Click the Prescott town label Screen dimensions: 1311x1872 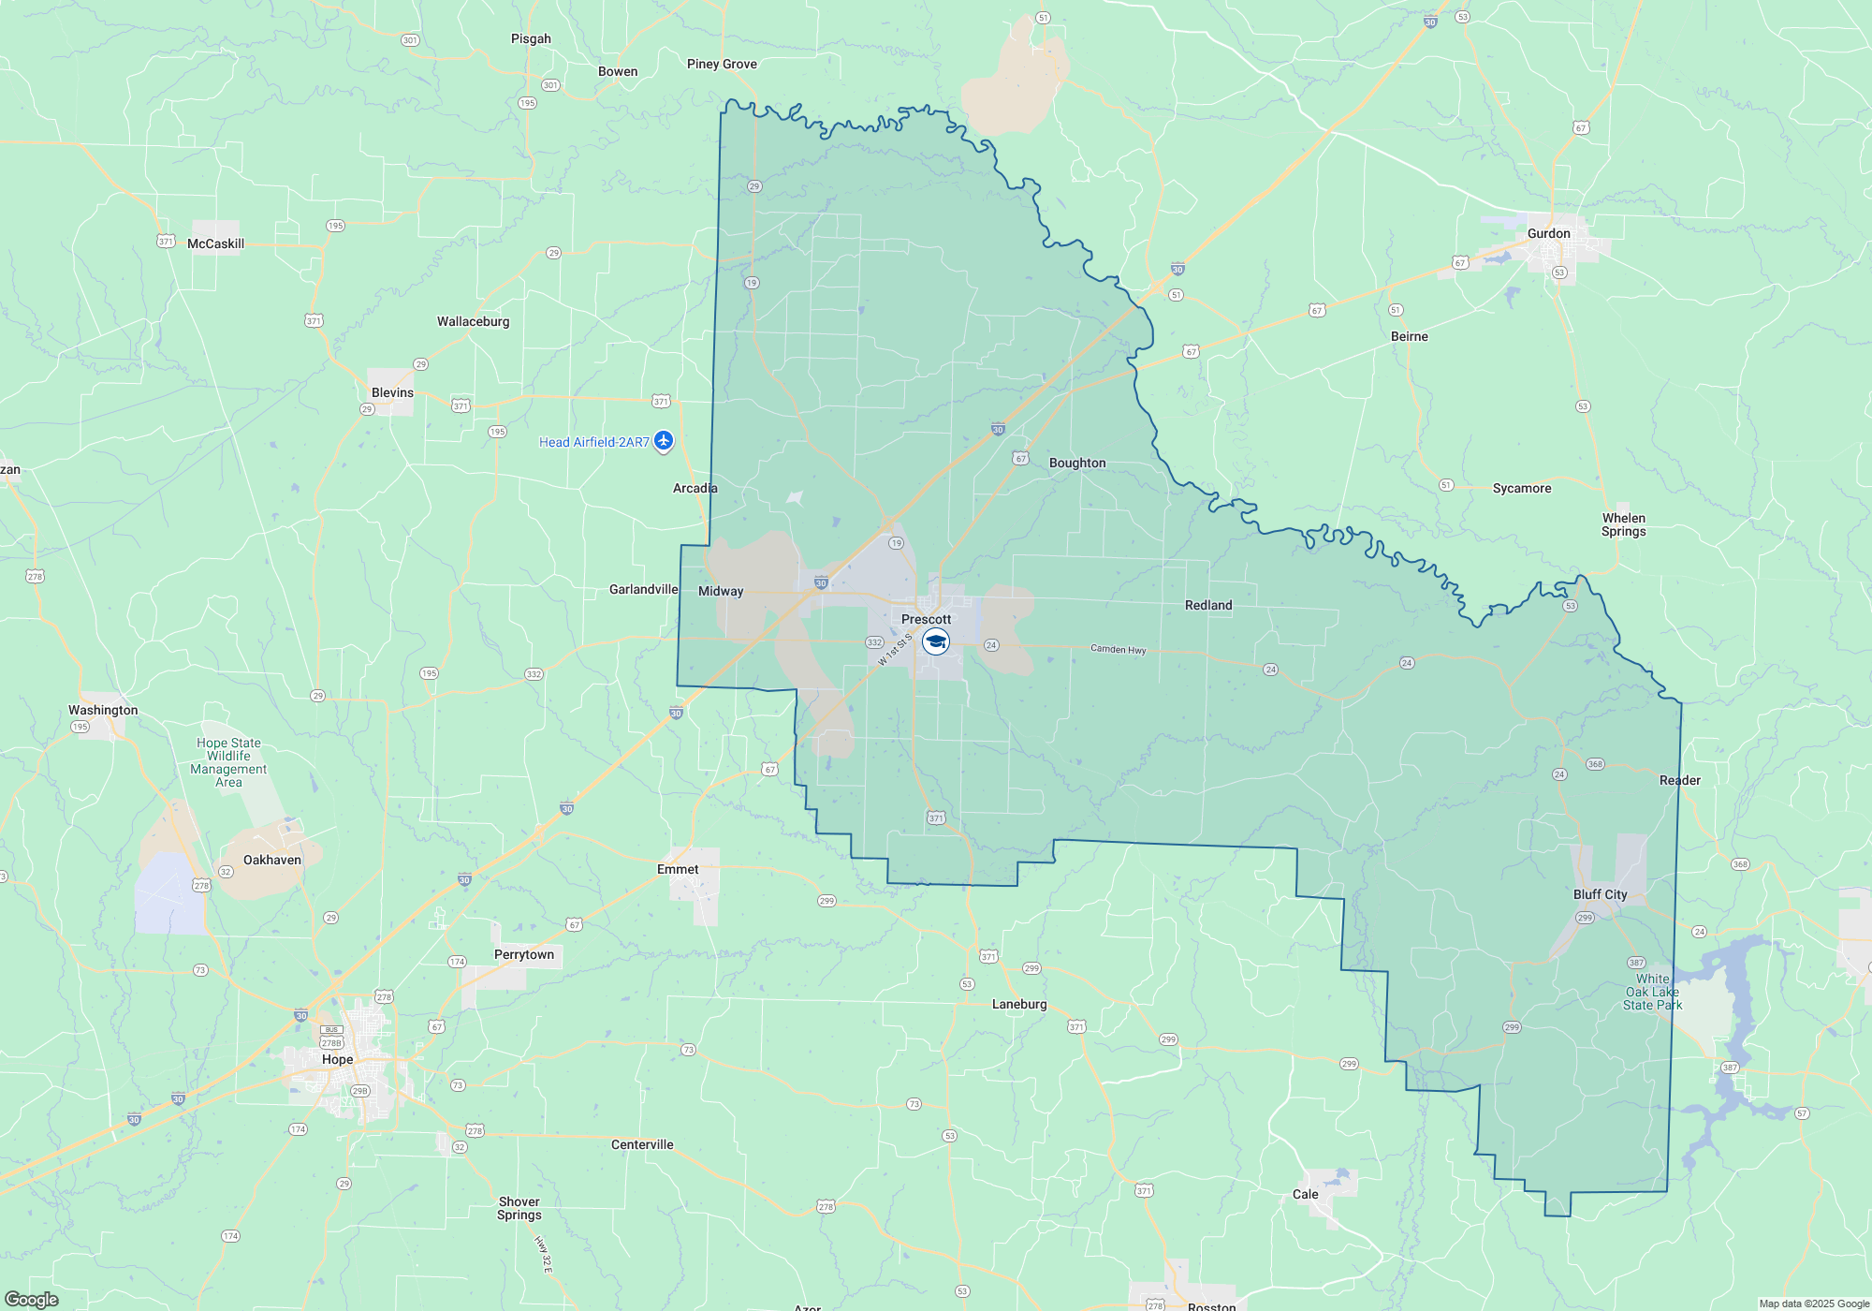click(x=926, y=619)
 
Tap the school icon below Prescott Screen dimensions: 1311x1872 click(x=936, y=641)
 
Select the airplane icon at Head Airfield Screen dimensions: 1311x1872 click(x=664, y=440)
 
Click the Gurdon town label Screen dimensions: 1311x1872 click(x=1548, y=233)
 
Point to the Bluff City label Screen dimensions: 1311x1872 click(x=1600, y=894)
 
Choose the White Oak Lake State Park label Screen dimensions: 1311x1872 click(x=1652, y=992)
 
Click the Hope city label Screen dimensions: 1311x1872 click(x=337, y=1059)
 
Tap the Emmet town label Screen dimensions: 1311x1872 click(x=678, y=869)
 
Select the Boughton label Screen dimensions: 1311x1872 click(x=1077, y=463)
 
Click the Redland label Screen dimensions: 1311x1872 click(x=1208, y=605)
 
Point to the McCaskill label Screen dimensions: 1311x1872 click(x=215, y=243)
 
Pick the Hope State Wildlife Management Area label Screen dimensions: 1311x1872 click(x=228, y=762)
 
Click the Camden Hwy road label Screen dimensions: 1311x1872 click(x=1118, y=649)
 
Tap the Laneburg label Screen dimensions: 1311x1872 click(x=1019, y=1004)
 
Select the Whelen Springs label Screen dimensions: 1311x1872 click(x=1623, y=524)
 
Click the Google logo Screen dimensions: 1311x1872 click(x=31, y=1299)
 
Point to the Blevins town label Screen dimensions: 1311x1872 click(x=392, y=392)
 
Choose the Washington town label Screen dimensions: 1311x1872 click(x=103, y=710)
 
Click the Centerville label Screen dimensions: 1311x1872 click(x=642, y=1144)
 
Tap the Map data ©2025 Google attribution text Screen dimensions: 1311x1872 click(x=1813, y=1304)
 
